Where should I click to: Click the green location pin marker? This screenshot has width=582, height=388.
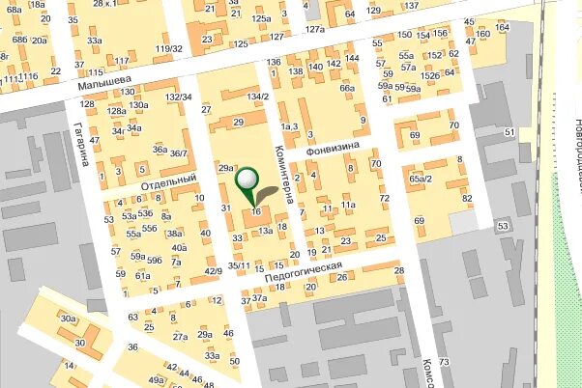[x=248, y=180]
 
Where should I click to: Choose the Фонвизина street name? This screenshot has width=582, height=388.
[x=333, y=150]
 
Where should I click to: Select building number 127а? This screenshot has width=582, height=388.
[x=315, y=30]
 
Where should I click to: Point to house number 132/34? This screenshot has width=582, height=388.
[x=178, y=97]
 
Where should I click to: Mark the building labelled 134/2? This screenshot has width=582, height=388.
[x=257, y=97]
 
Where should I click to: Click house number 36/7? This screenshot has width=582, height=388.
[x=179, y=153]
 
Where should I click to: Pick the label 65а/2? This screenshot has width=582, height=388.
[x=421, y=179]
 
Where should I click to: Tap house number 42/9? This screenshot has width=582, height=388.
[x=213, y=271]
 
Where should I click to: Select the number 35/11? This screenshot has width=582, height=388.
[x=239, y=265]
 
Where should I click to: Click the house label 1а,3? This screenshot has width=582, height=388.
[x=289, y=126]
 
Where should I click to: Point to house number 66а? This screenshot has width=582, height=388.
[x=348, y=88]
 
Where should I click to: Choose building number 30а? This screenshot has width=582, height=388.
[x=67, y=319]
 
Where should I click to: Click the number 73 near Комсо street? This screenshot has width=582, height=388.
[x=444, y=362]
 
